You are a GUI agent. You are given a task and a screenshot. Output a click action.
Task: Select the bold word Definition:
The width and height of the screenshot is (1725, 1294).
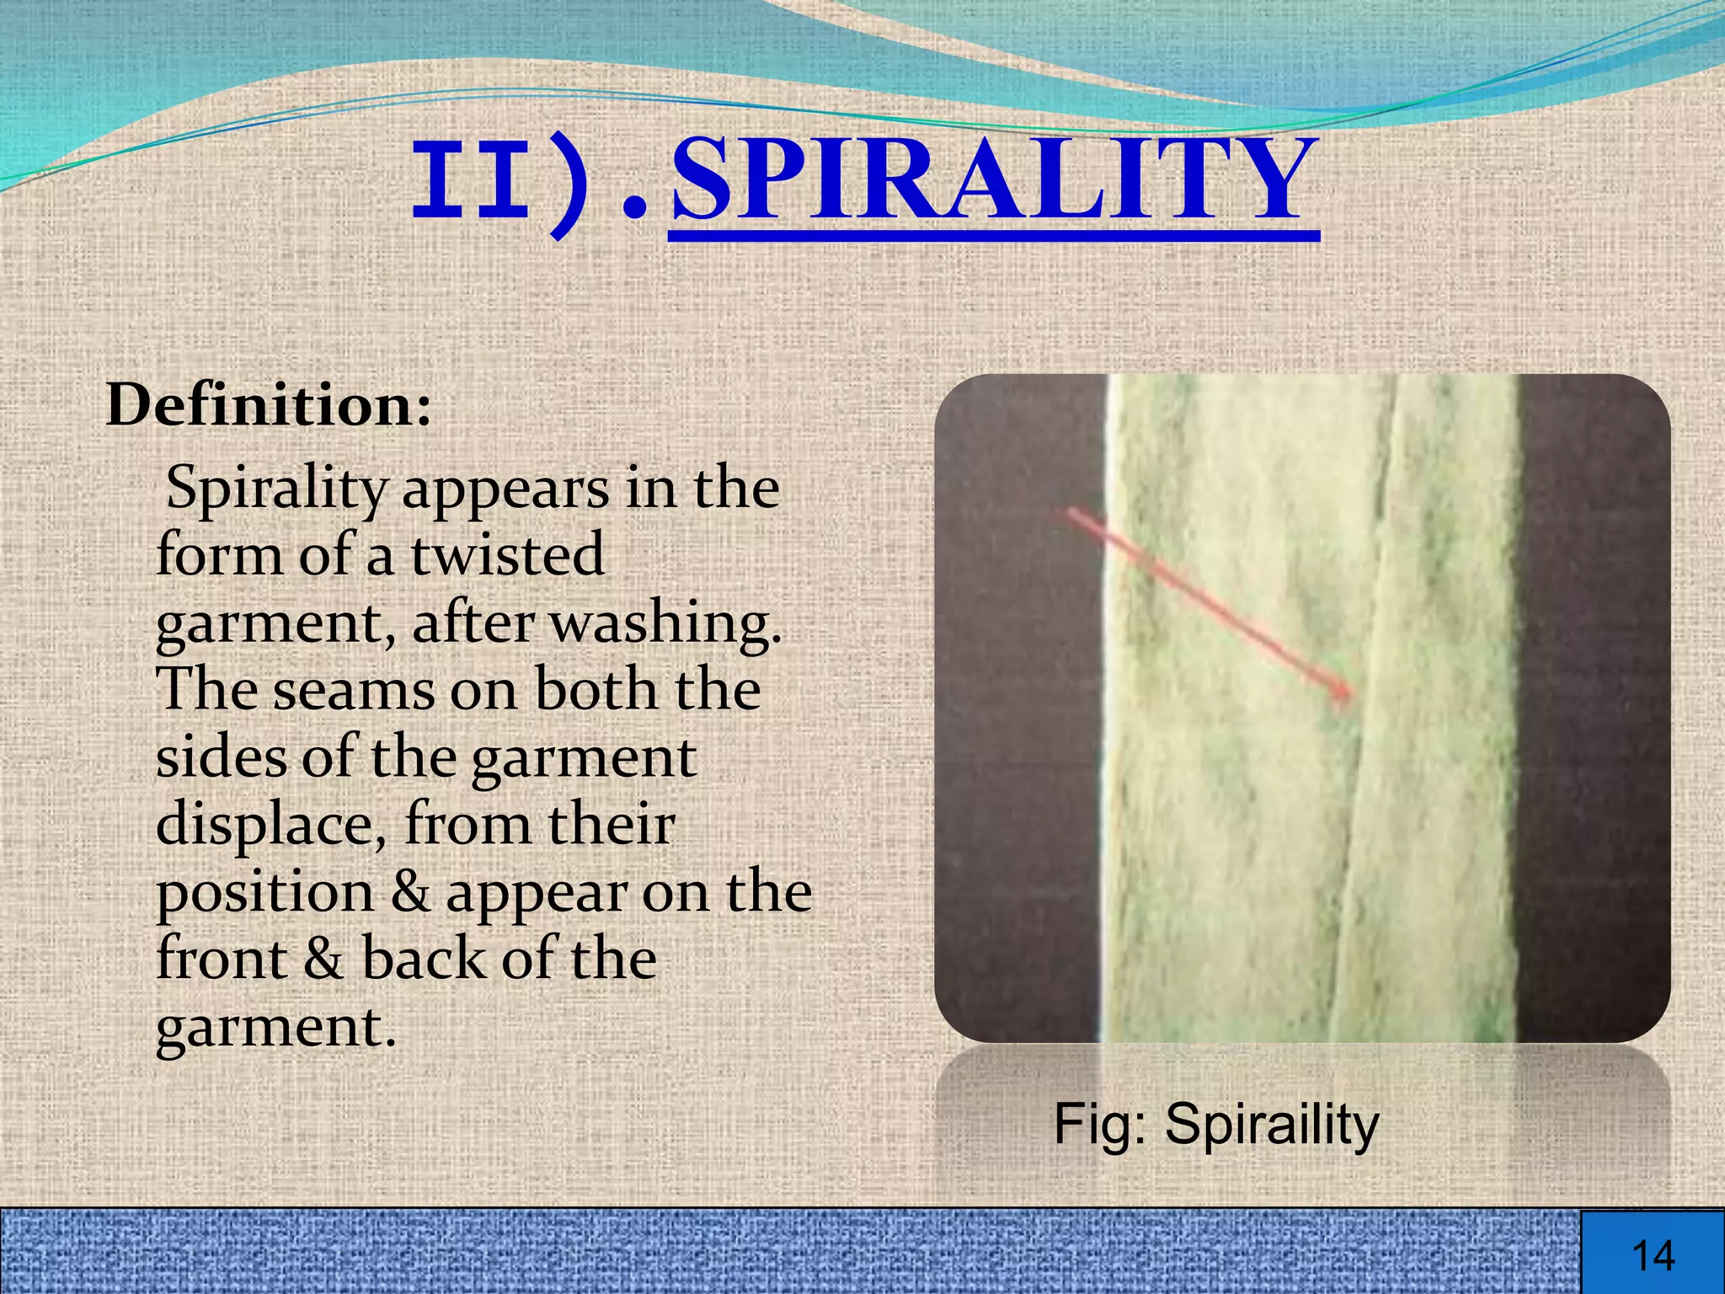(269, 406)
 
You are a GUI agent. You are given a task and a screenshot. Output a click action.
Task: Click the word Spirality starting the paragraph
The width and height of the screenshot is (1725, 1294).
(276, 489)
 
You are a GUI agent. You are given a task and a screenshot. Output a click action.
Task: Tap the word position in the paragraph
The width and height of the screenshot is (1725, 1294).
(264, 893)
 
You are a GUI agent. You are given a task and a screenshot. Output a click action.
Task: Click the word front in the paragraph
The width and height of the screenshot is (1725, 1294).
(222, 959)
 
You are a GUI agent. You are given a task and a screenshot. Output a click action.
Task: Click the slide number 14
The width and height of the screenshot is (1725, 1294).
(1653, 1255)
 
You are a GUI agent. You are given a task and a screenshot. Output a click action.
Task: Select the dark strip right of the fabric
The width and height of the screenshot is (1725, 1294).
(1592, 708)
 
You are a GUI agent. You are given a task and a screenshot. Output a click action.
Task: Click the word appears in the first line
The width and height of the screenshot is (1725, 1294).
(505, 489)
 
